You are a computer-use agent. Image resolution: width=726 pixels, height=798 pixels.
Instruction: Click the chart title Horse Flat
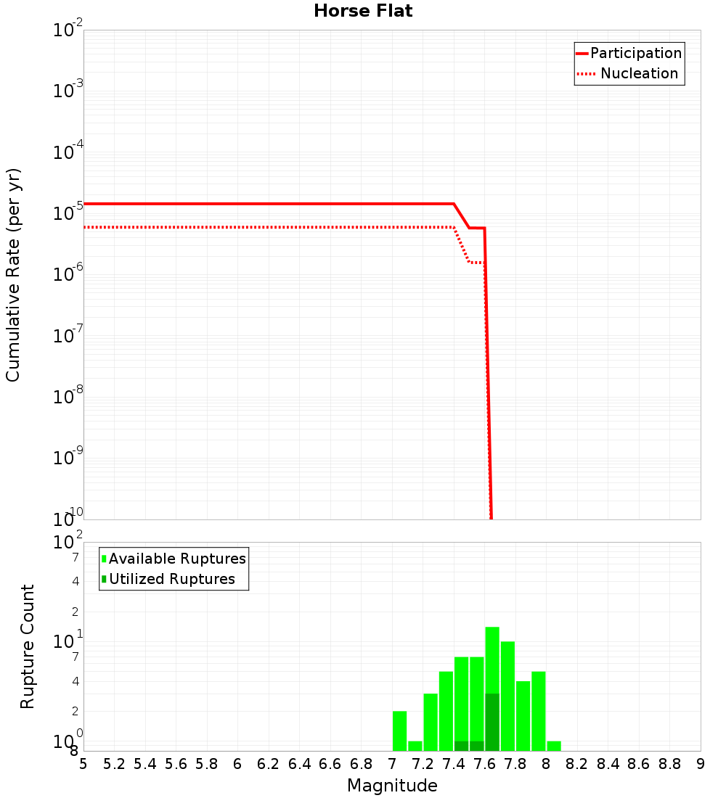(363, 12)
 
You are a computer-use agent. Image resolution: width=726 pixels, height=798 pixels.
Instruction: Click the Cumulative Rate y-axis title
(14, 275)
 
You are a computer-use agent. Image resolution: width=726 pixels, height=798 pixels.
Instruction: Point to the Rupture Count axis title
(28, 646)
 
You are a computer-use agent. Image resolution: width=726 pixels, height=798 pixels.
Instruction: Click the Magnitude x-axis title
(392, 786)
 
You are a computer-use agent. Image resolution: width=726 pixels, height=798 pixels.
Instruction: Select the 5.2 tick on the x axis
(114, 764)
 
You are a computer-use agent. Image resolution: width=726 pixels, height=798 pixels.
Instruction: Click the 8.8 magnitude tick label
(669, 764)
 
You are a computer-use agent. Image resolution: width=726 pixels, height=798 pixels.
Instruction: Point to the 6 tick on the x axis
(237, 764)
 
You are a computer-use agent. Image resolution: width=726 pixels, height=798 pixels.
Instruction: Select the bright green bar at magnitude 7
(399, 731)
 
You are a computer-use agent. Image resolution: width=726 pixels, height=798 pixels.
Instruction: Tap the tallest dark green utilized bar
(492, 722)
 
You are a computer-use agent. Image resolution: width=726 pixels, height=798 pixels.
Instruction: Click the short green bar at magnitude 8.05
(554, 746)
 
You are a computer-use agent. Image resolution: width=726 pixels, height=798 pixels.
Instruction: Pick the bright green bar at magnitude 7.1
(415, 746)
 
